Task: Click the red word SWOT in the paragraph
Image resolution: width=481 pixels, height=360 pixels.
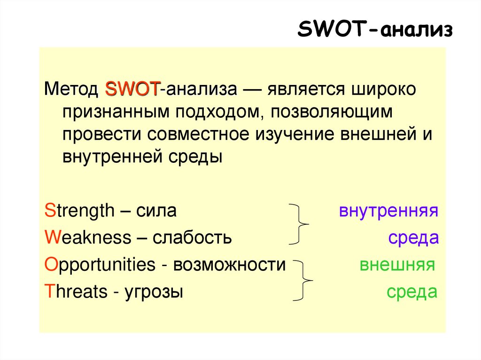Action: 133,89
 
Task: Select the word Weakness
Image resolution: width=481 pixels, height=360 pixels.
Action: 87,237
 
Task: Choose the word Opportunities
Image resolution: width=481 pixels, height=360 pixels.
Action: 99,265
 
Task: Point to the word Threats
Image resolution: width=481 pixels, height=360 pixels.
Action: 76,292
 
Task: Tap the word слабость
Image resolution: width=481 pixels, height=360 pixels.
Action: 192,237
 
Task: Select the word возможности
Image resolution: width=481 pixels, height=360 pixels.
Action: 229,265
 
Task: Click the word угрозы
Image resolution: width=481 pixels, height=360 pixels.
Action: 153,292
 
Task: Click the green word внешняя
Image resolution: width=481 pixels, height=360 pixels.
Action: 397,265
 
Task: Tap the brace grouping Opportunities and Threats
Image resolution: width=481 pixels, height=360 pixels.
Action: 303,280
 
